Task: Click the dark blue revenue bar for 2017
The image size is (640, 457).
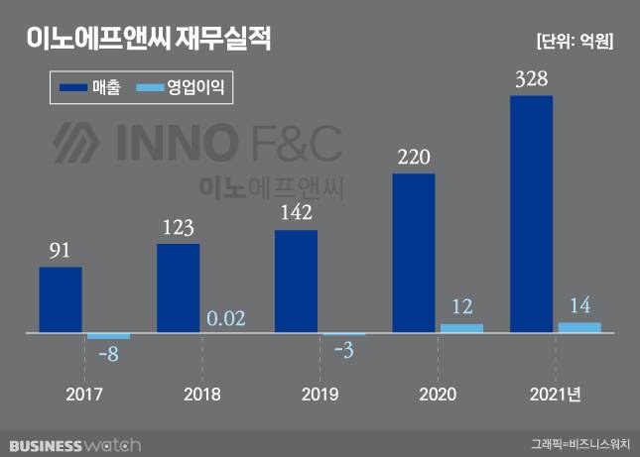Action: [61, 299]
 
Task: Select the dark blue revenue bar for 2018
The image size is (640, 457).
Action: [179, 287]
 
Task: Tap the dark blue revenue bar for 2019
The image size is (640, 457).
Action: [296, 282]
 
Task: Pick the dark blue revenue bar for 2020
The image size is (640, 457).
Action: [414, 253]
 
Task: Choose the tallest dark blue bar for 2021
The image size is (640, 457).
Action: [531, 213]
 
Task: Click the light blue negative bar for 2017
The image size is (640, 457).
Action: [108, 336]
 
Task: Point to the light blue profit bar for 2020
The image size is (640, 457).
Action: [461, 327]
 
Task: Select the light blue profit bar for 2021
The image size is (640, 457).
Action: [579, 327]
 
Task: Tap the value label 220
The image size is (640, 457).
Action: [414, 157]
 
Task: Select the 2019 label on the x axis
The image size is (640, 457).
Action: [318, 395]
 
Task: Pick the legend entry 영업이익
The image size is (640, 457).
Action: [184, 88]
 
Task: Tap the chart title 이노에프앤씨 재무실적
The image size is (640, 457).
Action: [148, 40]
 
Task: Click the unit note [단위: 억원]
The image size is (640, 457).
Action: [575, 42]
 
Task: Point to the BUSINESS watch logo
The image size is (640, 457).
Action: [73, 445]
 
